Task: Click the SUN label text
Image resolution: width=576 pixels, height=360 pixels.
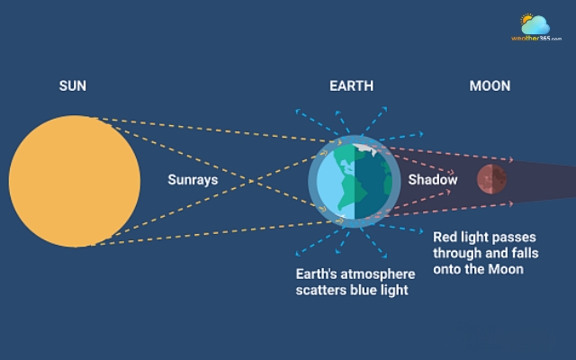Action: click(x=73, y=86)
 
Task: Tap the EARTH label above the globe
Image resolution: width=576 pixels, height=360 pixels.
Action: click(x=351, y=86)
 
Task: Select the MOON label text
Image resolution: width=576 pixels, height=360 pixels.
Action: click(x=490, y=86)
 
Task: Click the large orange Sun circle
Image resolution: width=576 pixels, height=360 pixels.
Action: click(x=75, y=181)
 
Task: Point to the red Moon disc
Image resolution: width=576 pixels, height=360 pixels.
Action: click(x=490, y=179)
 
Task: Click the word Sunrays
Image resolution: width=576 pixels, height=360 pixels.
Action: click(x=193, y=180)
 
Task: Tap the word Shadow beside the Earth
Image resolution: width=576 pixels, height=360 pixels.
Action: click(x=432, y=180)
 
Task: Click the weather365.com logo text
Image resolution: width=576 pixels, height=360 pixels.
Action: click(x=536, y=39)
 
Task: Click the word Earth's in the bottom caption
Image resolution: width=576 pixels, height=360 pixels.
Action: click(x=316, y=274)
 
